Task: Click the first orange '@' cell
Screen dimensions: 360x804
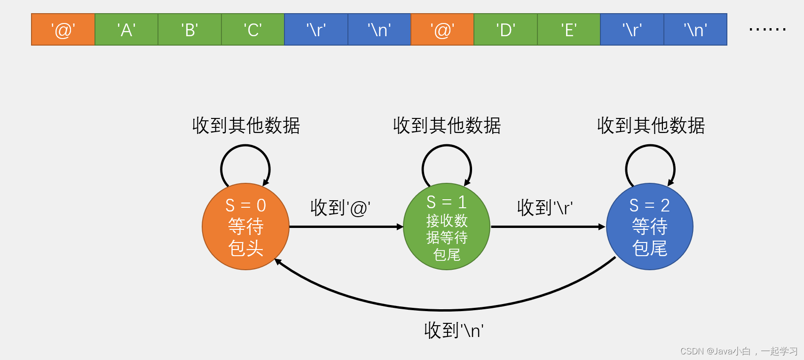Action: point(63,30)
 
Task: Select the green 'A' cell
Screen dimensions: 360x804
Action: point(126,30)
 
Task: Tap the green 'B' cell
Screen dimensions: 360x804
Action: point(189,30)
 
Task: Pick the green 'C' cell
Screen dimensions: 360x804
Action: point(252,30)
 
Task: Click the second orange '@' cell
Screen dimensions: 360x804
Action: point(442,30)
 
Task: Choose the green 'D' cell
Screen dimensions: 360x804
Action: point(505,30)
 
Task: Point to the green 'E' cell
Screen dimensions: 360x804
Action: point(568,30)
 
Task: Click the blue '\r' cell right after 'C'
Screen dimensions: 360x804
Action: point(316,30)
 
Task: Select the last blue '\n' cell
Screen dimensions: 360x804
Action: point(695,30)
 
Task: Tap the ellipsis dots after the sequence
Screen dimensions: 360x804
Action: point(767,30)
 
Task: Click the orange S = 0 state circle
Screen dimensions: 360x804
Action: point(245,227)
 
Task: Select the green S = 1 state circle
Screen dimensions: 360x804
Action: point(447,227)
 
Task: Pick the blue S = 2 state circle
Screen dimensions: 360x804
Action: point(649,227)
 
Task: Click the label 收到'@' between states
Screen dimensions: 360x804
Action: point(340,208)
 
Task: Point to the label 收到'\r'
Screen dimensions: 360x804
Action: point(544,207)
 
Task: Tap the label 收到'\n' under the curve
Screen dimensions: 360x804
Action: point(454,330)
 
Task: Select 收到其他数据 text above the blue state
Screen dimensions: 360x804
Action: point(651,126)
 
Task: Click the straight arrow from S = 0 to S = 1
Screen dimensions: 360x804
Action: point(346,227)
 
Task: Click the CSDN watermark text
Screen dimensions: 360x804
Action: point(739,351)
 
